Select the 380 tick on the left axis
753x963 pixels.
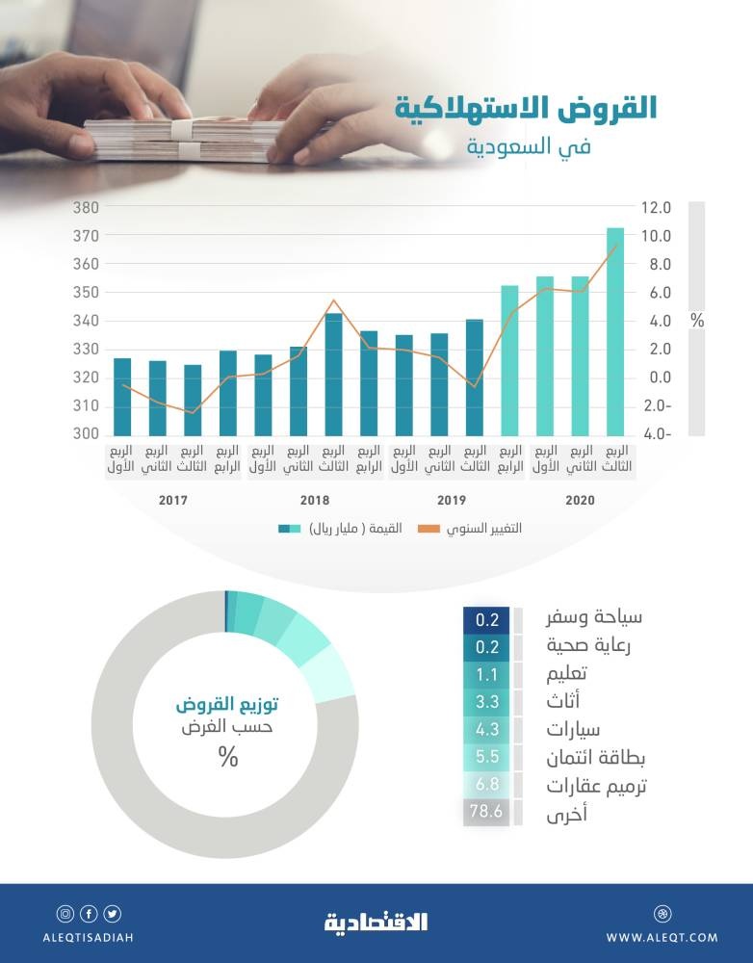click(87, 208)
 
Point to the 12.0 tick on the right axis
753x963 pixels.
click(658, 208)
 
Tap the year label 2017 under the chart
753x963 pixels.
click(173, 501)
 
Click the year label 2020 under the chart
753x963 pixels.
click(581, 501)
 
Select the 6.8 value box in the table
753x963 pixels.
click(486, 786)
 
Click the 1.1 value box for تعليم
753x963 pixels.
click(486, 674)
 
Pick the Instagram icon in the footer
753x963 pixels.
click(65, 914)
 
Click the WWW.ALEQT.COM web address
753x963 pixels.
click(662, 937)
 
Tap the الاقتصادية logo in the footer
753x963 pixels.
click(376, 923)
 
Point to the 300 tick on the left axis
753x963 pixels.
click(87, 434)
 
